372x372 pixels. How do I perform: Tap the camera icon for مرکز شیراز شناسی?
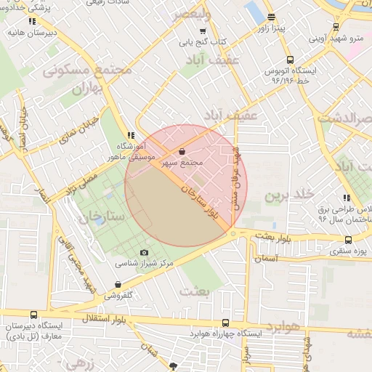(144, 252)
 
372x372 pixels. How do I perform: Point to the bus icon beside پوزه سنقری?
(348, 240)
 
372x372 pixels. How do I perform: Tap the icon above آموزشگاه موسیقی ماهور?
(130, 134)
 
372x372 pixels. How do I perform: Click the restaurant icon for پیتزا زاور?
(271, 17)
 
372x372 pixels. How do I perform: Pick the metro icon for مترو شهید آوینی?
(336, 27)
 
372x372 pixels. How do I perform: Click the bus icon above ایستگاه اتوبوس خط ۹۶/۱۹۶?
(290, 60)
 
